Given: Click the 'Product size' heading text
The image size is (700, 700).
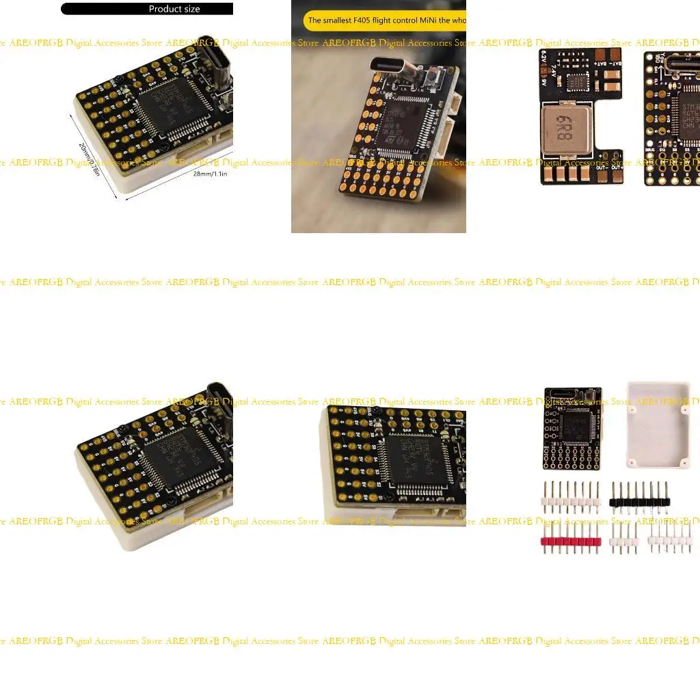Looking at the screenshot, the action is click(x=174, y=9).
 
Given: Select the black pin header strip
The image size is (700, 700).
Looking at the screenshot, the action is click(x=640, y=502).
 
